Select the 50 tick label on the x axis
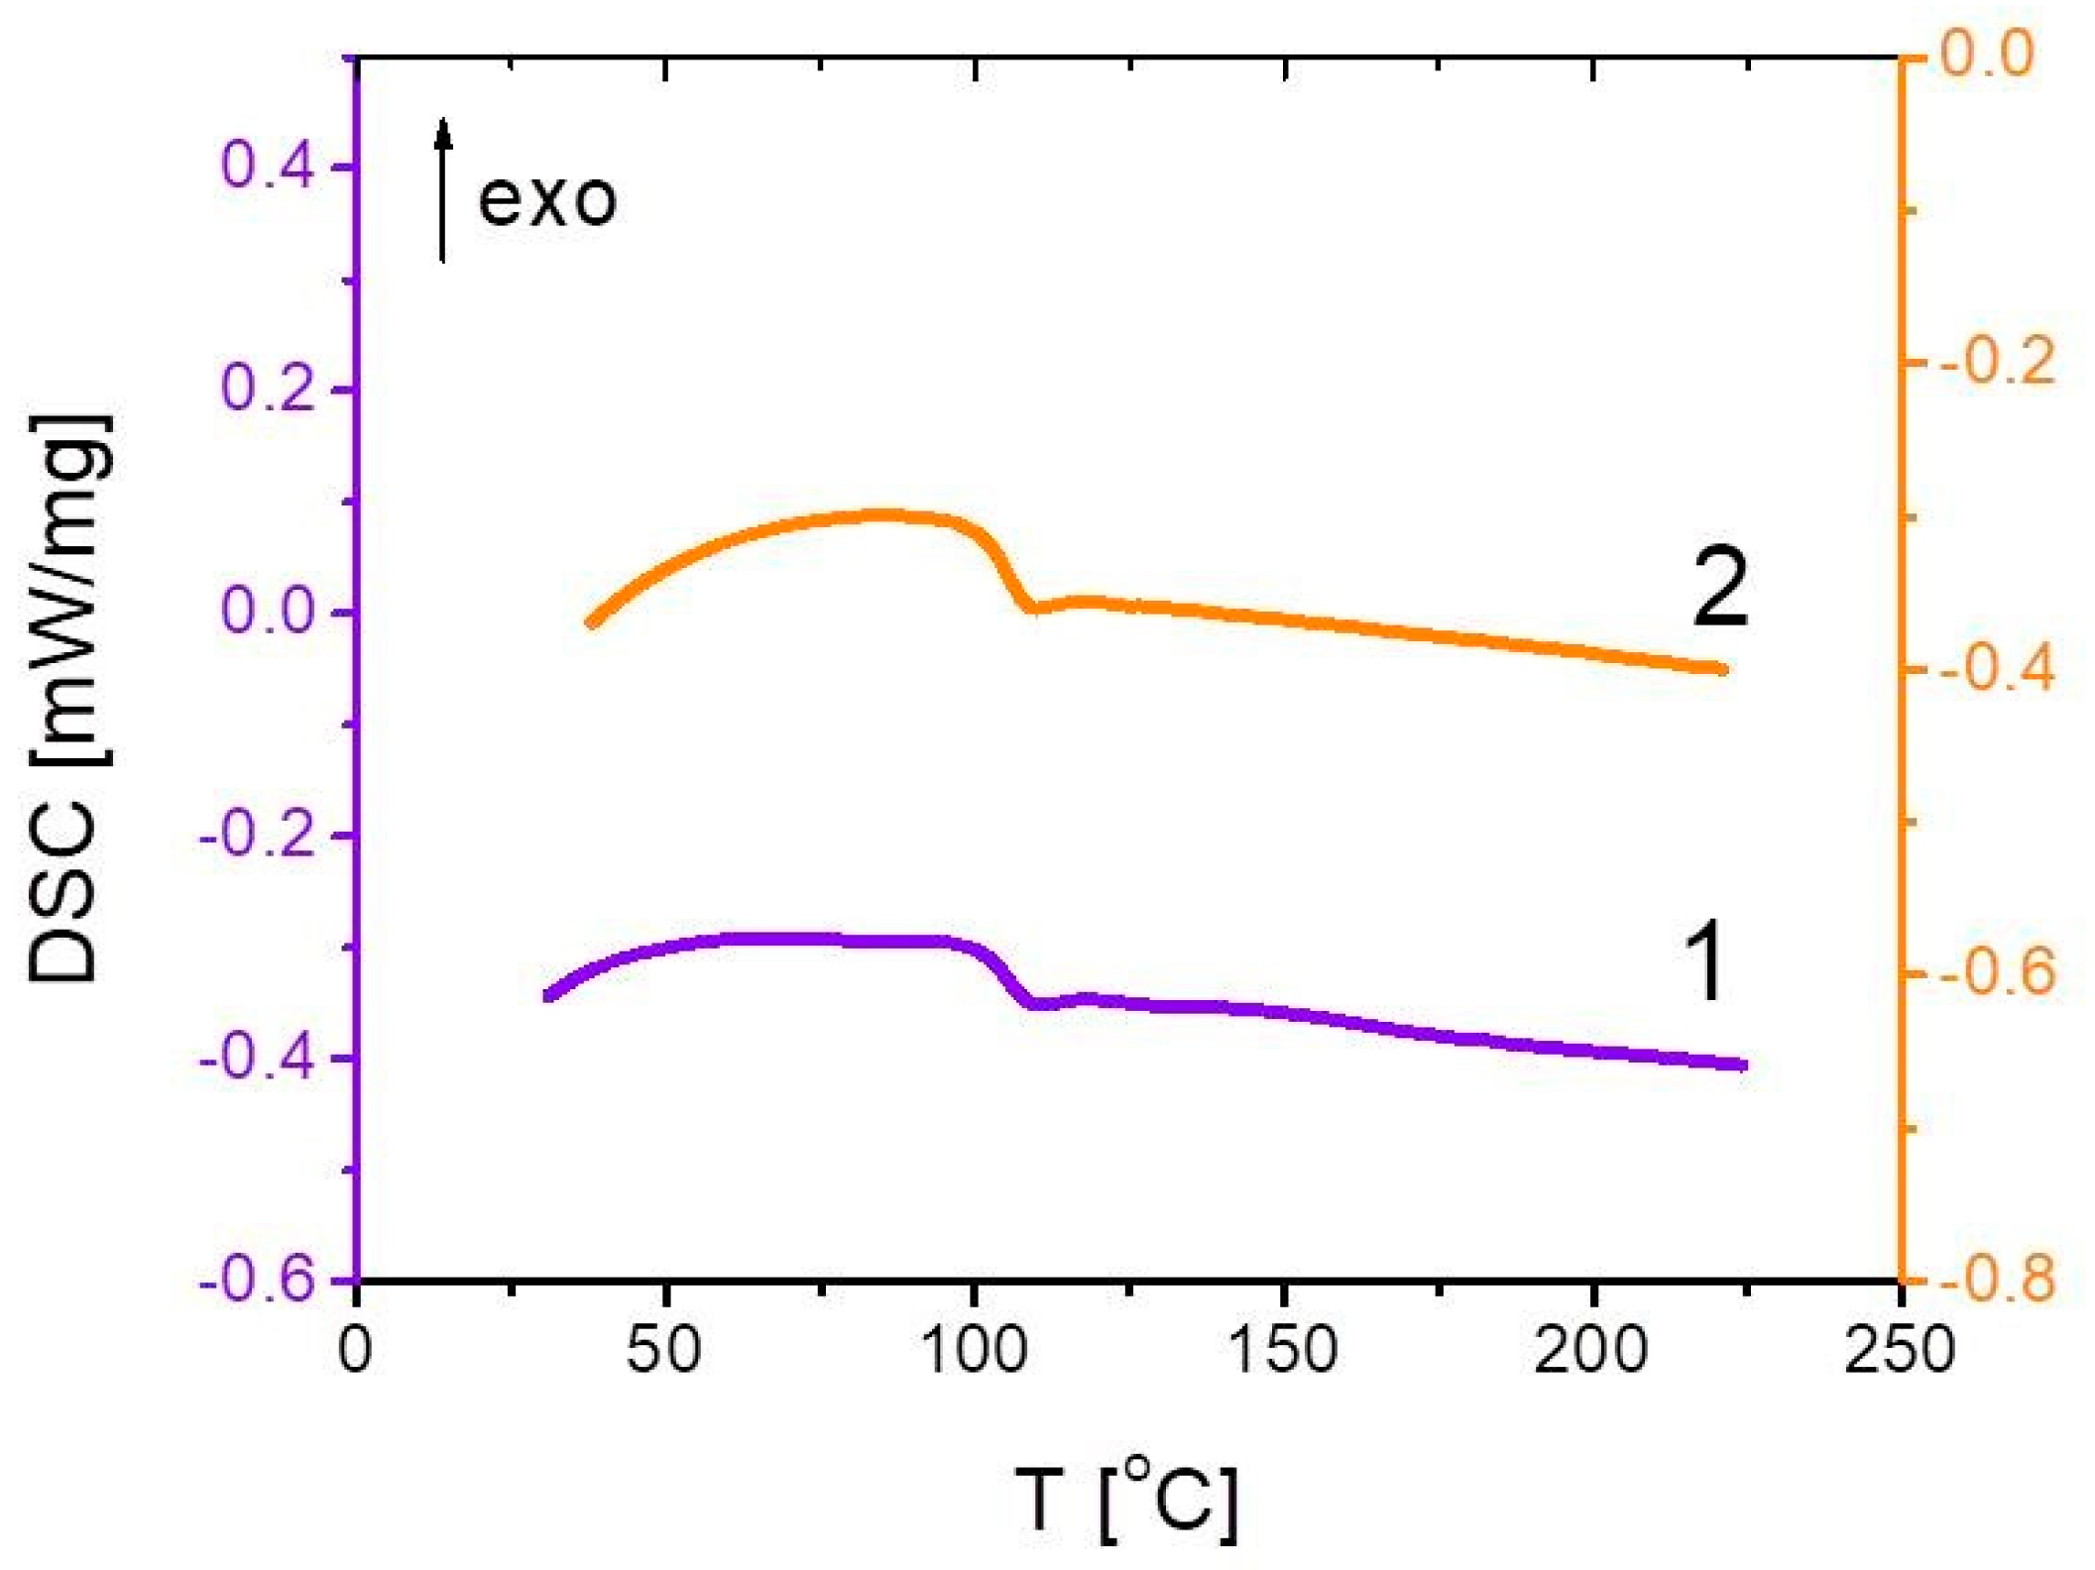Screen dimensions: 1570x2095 point(664,1350)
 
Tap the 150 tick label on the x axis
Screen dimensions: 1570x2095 point(1283,1350)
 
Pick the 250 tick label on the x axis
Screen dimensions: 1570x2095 point(1900,1350)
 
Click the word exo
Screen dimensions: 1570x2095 point(547,200)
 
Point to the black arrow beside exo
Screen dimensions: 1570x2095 point(443,190)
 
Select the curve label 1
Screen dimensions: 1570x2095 point(1705,960)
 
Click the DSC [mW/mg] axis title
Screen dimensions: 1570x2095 point(67,698)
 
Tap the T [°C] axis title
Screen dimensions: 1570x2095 point(1126,1501)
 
